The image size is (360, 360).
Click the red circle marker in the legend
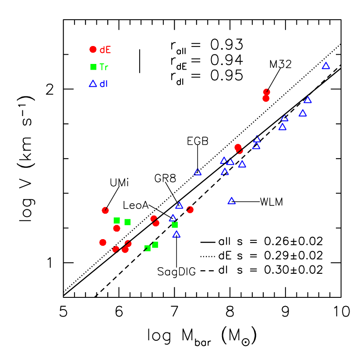click(x=93, y=49)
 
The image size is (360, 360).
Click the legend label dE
click(x=105, y=50)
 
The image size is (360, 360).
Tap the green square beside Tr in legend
click(x=93, y=67)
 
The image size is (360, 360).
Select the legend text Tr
click(x=104, y=67)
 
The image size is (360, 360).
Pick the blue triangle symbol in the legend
click(x=93, y=84)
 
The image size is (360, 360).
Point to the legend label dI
click(x=103, y=84)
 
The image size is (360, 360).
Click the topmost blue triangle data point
click(x=326, y=66)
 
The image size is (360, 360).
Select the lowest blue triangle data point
click(x=176, y=234)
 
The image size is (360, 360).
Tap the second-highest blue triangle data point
click(x=308, y=100)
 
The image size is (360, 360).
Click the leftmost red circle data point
click(x=102, y=242)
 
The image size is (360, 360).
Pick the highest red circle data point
click(x=267, y=92)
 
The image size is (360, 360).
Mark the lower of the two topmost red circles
click(x=266, y=99)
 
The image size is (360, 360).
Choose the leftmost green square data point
click(x=116, y=220)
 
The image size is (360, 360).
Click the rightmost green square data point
click(x=175, y=225)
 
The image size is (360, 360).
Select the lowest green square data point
click(x=147, y=248)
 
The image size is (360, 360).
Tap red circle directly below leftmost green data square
click(x=116, y=228)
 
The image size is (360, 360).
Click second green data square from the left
click(x=127, y=222)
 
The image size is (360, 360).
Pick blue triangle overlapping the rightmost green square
click(x=173, y=218)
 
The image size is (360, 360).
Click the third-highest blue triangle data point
click(x=303, y=113)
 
